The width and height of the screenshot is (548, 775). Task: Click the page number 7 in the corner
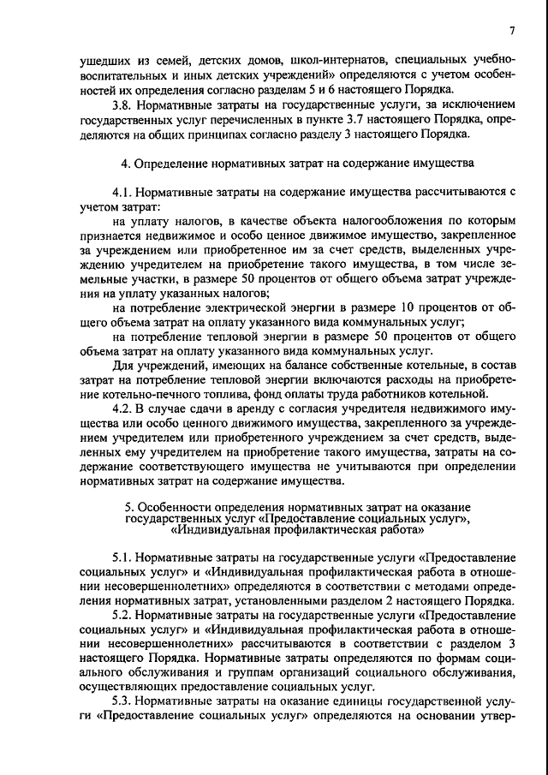pos(510,31)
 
